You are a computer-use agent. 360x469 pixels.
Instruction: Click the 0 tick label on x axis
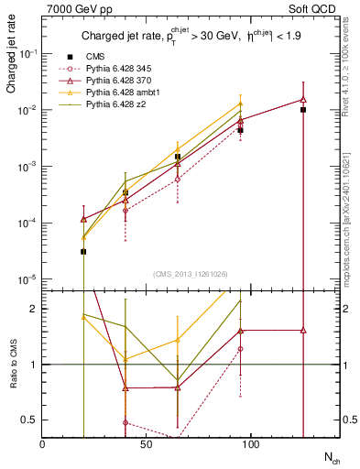click(x=43, y=442)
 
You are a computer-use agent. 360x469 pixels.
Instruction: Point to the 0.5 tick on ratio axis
click(x=29, y=420)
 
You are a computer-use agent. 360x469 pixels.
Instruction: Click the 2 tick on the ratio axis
click(x=34, y=309)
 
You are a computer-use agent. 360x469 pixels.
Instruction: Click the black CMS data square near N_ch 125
click(x=302, y=110)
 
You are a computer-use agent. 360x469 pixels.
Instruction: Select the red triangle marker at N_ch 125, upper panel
click(x=302, y=100)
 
